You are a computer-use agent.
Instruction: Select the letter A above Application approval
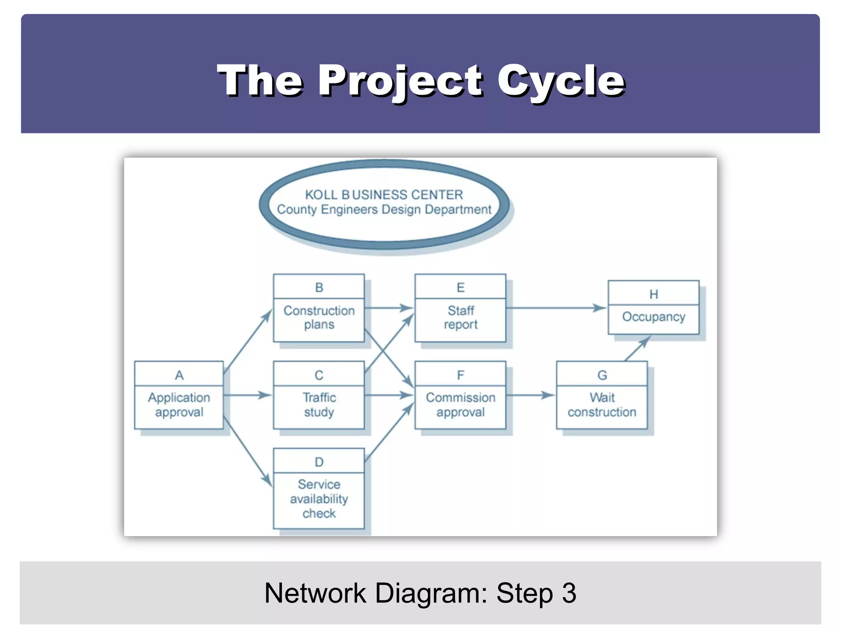179,375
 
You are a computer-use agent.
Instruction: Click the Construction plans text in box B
319,318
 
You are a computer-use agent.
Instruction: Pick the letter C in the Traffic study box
319,375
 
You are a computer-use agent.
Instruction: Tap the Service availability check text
319,499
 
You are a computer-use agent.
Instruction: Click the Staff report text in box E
461,318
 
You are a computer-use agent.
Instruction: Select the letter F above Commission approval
461,375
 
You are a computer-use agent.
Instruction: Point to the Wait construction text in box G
602,405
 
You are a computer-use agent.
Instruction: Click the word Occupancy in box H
653,317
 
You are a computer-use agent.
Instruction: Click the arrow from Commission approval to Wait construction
531,395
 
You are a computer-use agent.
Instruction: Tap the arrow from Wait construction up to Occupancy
637,349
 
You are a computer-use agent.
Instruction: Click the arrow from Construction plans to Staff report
388,308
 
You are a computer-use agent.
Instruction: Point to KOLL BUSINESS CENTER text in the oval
384,194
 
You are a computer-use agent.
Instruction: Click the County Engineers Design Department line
384,210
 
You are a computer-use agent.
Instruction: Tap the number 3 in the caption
569,593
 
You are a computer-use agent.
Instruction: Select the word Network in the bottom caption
315,593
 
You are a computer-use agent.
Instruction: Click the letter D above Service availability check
319,462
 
